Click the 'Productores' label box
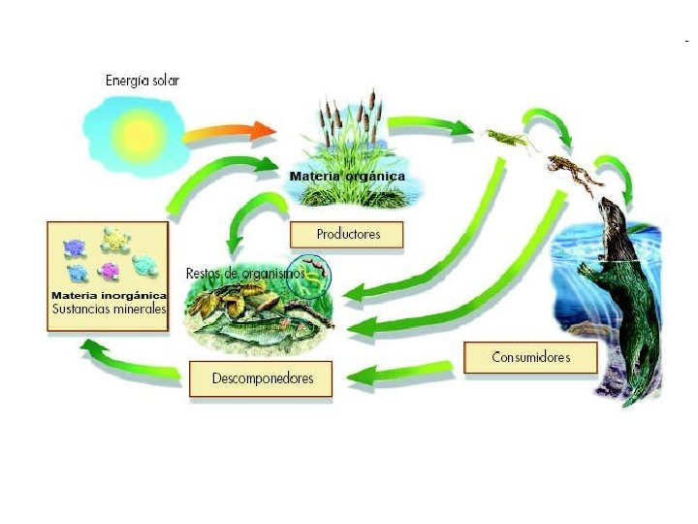346,235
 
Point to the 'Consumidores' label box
530,357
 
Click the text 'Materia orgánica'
346,177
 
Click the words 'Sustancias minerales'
109,310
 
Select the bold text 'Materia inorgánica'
109,295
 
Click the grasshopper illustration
508,141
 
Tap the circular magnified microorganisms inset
315,276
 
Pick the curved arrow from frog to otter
616,175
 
